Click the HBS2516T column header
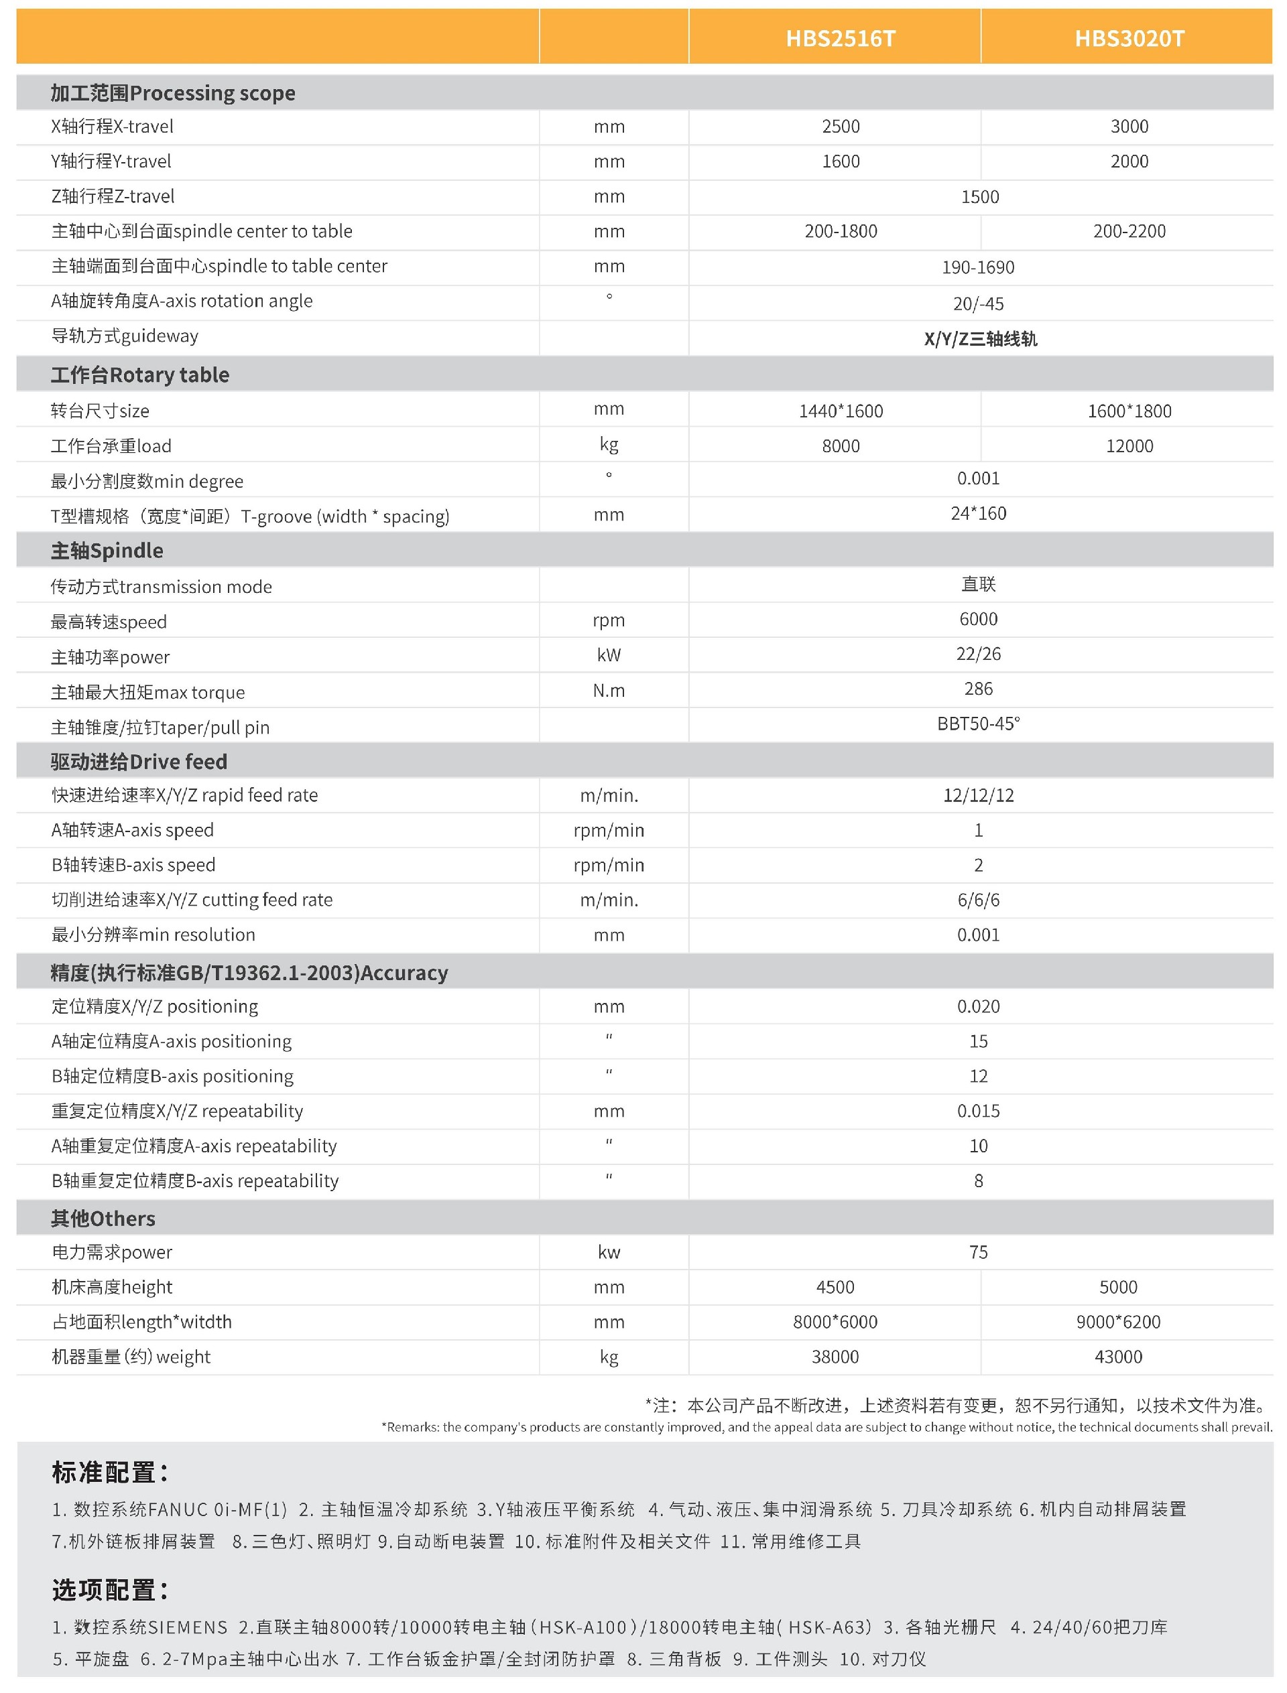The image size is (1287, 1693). (x=841, y=38)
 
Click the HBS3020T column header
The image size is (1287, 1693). (x=1129, y=38)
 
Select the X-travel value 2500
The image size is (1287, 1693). (x=841, y=127)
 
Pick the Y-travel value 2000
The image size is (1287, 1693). (x=1129, y=161)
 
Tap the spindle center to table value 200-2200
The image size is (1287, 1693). (x=1129, y=231)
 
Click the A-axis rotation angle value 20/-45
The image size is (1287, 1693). (x=978, y=304)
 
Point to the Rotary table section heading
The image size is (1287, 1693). (x=140, y=375)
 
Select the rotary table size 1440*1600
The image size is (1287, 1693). (x=841, y=411)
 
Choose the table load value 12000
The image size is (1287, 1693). (x=1129, y=446)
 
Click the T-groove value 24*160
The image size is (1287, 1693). (x=978, y=514)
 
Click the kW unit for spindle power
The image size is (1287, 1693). (x=609, y=655)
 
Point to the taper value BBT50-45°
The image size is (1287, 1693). (x=978, y=724)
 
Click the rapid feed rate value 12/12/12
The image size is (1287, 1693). (x=978, y=795)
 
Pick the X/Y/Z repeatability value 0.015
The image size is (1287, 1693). (x=978, y=1111)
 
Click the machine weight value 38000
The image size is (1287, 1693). (x=835, y=1357)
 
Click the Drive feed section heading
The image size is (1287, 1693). (x=139, y=762)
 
